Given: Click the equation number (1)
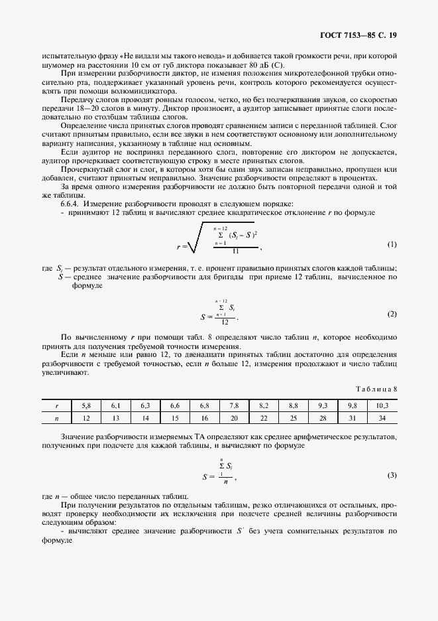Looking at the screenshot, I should pos(392,244).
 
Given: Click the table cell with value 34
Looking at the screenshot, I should pos(382,418).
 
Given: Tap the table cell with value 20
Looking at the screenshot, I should pos(233,418).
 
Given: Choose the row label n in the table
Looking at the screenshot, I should pos(57,418).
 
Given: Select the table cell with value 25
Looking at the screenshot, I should pos(293,418).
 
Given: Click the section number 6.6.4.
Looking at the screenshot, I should pos(70,203).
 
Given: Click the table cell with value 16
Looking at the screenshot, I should pos(204,418).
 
